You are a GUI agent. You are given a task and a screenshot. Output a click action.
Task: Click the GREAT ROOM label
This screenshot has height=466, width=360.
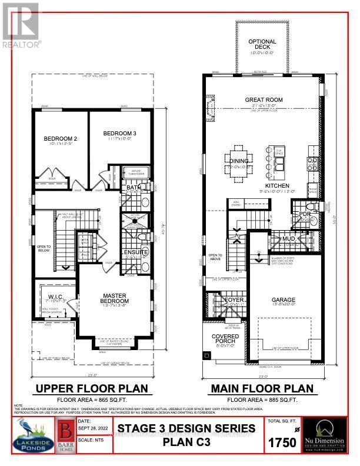click(262, 100)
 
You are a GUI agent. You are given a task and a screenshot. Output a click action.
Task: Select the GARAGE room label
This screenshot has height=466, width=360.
click(283, 299)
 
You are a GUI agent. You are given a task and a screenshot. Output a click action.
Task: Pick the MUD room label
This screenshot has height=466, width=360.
click(288, 239)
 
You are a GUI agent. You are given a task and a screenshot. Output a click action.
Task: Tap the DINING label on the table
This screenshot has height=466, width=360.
click(239, 161)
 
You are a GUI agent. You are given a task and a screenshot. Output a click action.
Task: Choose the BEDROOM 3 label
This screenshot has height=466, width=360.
click(119, 134)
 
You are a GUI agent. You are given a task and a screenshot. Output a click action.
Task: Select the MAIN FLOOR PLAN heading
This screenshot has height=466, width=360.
click(263, 388)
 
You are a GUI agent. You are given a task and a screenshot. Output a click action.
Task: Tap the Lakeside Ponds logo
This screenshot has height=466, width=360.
click(28, 438)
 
